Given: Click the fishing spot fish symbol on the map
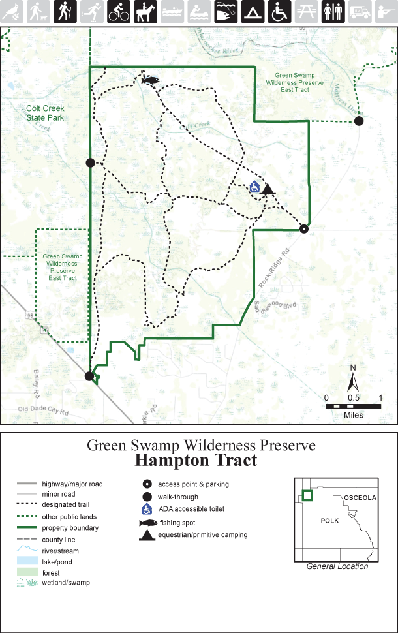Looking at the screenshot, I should (x=151, y=80).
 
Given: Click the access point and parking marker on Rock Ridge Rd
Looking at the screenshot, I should (x=303, y=228).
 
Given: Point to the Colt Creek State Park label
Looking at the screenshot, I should (x=46, y=114).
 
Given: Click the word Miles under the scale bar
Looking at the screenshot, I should (x=352, y=415).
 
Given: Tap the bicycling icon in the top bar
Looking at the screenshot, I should (x=118, y=11).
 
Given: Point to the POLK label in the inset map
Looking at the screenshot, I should (x=330, y=522).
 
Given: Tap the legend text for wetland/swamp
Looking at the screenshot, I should (x=66, y=582).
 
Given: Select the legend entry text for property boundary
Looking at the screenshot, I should (x=70, y=527).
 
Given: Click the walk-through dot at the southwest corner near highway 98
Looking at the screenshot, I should (x=89, y=375).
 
